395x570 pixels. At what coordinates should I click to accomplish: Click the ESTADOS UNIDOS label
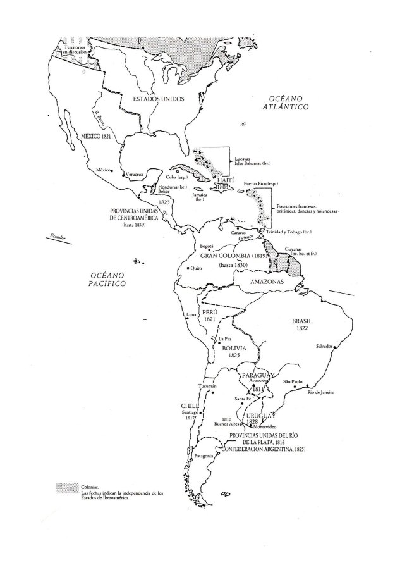(157, 99)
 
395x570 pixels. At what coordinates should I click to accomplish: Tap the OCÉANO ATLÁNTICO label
(285, 104)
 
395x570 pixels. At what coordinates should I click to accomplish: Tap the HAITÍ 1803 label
(222, 184)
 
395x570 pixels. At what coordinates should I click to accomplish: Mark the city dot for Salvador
(334, 347)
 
